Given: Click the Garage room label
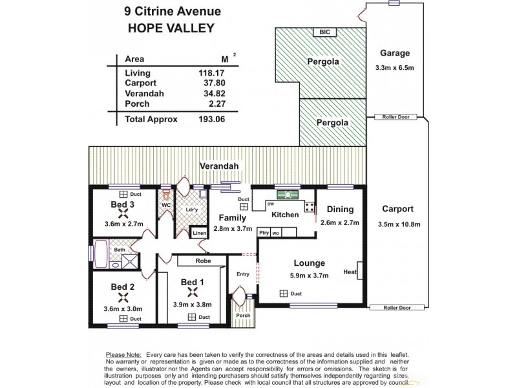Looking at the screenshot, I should [394, 53].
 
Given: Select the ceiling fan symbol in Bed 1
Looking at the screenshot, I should [193, 291].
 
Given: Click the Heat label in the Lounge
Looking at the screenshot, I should [350, 272].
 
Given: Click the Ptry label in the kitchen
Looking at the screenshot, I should [264, 233].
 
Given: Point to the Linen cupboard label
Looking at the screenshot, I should [200, 233].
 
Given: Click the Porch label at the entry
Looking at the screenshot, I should [242, 316].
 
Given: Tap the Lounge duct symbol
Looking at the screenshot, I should [283, 294].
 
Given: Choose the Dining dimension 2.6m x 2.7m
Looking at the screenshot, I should [339, 224].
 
